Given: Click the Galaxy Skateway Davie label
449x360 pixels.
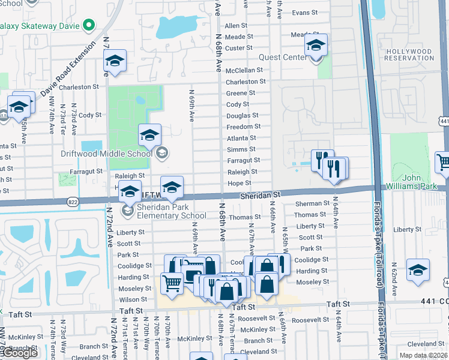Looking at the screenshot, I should tap(39, 25).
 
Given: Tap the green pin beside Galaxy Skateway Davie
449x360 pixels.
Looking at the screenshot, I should tap(89, 25).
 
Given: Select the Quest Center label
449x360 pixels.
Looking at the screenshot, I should tap(283, 58).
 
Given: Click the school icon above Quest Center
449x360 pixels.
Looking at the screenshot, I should tap(316, 46).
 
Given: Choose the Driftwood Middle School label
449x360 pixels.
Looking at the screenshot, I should tap(106, 154).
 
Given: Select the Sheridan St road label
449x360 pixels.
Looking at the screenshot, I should tap(261, 195).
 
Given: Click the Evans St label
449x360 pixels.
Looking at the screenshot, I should tap(305, 13).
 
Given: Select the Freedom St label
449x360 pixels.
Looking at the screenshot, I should tap(243, 127).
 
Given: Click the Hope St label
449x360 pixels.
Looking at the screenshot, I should tap(239, 183).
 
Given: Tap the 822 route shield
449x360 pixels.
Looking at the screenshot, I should tap(73, 202).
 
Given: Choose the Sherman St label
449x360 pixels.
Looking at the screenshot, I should tap(312, 204).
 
